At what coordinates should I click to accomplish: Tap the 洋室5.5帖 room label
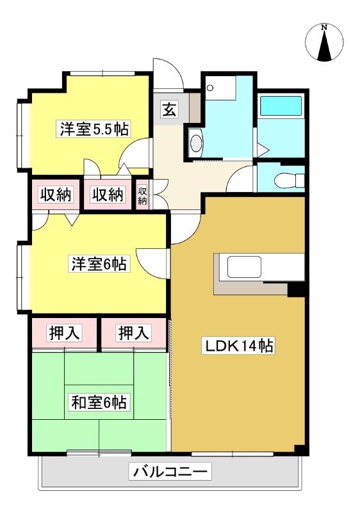point(94,129)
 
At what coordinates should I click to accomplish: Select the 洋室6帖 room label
point(99,264)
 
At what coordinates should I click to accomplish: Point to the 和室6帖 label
point(99,402)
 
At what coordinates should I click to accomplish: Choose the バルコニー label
point(170,472)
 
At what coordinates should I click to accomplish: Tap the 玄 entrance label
point(169,109)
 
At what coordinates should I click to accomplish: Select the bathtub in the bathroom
point(281,105)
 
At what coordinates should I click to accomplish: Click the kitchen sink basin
point(244,267)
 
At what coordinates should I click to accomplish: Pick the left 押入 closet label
point(64,333)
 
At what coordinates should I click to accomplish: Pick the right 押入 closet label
point(134,333)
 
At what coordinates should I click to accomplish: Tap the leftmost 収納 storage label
point(56,195)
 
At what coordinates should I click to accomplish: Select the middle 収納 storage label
point(108,195)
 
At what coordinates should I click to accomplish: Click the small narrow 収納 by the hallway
point(142,195)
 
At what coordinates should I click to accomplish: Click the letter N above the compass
point(324,28)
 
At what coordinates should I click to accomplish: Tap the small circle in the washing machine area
point(210,88)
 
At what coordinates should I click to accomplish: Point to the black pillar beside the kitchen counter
point(297,289)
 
